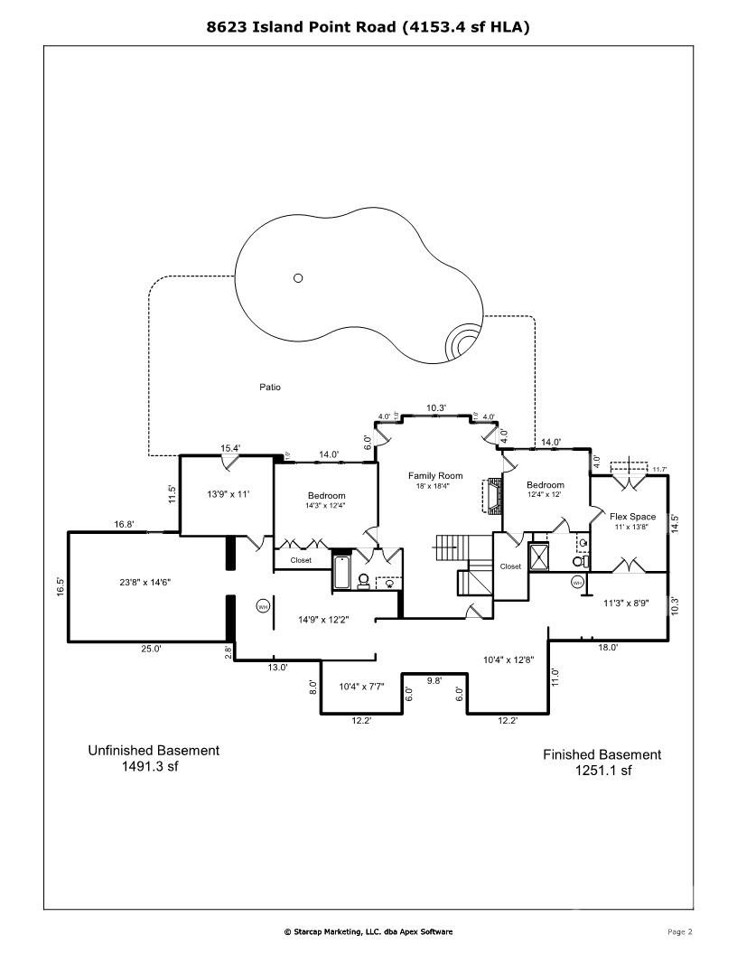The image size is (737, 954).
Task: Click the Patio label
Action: pyautogui.click(x=270, y=387)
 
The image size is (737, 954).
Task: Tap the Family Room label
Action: pyautogui.click(x=434, y=476)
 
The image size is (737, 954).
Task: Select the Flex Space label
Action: pyautogui.click(x=632, y=517)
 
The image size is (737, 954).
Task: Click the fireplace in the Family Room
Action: pyautogui.click(x=493, y=496)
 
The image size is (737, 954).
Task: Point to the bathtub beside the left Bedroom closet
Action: pyautogui.click(x=342, y=573)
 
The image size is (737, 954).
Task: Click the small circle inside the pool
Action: pyautogui.click(x=298, y=277)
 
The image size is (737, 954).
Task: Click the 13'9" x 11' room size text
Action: pyautogui.click(x=227, y=494)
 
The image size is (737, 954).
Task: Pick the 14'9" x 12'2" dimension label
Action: pyautogui.click(x=323, y=620)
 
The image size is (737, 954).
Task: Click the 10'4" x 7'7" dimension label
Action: pyautogui.click(x=360, y=687)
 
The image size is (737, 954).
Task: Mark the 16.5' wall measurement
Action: pyautogui.click(x=61, y=587)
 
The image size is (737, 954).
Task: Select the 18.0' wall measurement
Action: pyautogui.click(x=608, y=647)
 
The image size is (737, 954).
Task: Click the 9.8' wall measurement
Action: pyautogui.click(x=434, y=681)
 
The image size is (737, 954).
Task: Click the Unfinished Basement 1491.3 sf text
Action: pyautogui.click(x=153, y=758)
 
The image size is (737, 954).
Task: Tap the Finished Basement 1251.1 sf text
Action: pyautogui.click(x=602, y=762)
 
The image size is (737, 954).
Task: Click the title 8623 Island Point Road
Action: pyautogui.click(x=368, y=27)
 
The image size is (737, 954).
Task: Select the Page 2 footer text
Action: pyautogui.click(x=679, y=931)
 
